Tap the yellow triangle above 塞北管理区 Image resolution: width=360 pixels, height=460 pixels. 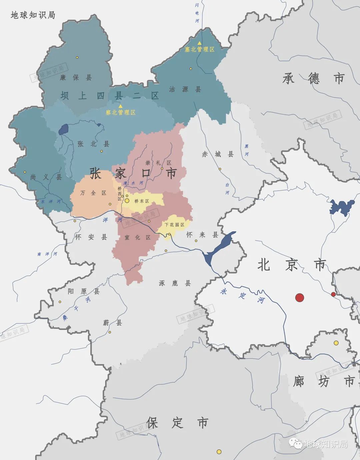pos(199,43)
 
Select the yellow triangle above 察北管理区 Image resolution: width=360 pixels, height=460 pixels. pos(120,106)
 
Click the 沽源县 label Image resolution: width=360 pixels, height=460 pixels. pos(185,89)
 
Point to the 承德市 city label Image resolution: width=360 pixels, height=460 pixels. pos(313,78)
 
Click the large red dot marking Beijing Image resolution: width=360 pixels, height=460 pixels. pos(300,298)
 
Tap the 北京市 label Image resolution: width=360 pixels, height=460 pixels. pos(292,265)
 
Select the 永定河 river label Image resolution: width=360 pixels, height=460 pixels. pos(242,296)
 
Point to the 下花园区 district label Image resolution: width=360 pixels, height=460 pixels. pos(174,225)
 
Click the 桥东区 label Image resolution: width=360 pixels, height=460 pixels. pos(142,201)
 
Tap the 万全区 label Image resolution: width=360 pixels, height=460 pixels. pos(93,193)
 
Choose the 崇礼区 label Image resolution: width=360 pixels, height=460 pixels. pos(158,163)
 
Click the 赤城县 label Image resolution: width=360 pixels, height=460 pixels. pos(218,154)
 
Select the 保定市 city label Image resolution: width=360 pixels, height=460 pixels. pos(177,423)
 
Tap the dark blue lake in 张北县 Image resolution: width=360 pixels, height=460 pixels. pos(64,129)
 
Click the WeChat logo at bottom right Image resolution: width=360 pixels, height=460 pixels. pos(295,443)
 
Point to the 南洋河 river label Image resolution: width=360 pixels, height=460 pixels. pos(47,254)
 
